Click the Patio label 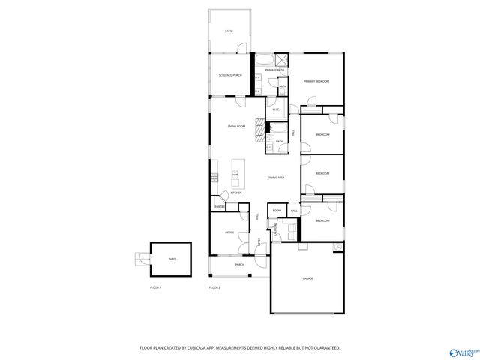[x=229, y=31]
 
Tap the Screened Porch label [x=230, y=76]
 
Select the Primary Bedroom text [x=317, y=81]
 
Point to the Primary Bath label [x=274, y=70]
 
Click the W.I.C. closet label [x=275, y=109]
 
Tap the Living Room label [x=236, y=126]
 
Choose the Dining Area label [x=276, y=178]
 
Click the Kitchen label [x=236, y=193]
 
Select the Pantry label [x=220, y=206]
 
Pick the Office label [x=229, y=232]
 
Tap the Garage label [x=307, y=278]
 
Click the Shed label [x=171, y=259]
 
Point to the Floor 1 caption [x=155, y=288]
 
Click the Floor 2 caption [x=214, y=288]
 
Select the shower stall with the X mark [x=282, y=60]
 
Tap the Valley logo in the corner [x=463, y=350]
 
